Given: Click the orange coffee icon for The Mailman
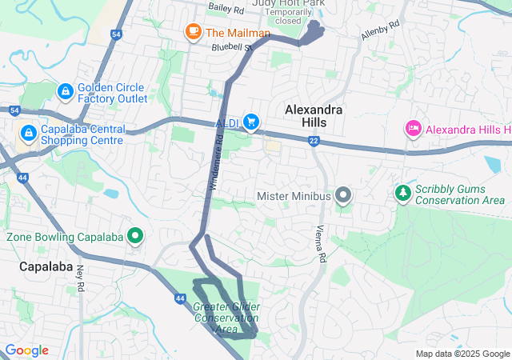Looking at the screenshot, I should click(x=192, y=32).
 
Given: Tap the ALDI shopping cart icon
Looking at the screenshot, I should click(x=251, y=122).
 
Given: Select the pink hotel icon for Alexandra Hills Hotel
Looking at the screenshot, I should click(x=414, y=129).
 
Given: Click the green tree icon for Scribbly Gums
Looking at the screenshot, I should click(x=402, y=193).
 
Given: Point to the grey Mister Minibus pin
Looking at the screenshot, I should click(x=343, y=195).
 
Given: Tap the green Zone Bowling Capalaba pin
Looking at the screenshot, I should click(x=135, y=237).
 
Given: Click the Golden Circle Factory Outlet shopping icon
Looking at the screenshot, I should click(x=66, y=93).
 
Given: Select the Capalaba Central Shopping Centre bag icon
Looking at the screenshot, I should click(x=28, y=132).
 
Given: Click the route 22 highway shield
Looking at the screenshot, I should click(x=314, y=141).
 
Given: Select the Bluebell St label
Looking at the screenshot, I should click(x=232, y=47).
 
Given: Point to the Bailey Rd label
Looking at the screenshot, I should click(x=226, y=7).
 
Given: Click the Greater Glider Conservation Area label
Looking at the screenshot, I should click(x=226, y=318).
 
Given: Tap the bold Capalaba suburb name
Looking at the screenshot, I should click(x=46, y=266).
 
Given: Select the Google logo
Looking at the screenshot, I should click(x=26, y=350).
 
